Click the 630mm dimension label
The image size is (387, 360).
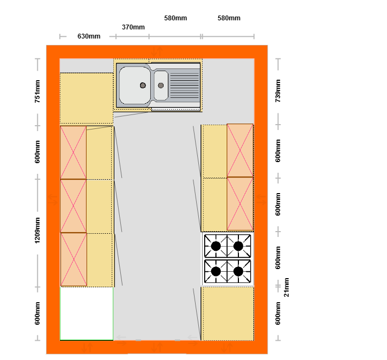89,36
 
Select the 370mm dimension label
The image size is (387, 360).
133,27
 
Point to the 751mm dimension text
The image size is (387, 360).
37,91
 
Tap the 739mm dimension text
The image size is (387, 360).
278,91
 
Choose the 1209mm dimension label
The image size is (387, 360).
37,231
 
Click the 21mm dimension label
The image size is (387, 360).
287,287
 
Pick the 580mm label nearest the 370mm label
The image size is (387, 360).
175,18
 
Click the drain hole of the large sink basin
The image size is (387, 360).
143,86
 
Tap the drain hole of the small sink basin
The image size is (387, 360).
161,86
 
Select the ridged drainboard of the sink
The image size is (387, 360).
184,85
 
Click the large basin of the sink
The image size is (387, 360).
135,85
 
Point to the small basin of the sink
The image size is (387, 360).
161,86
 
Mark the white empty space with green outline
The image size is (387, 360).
87,313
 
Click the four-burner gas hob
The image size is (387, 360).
228,259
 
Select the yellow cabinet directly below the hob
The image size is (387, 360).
228,313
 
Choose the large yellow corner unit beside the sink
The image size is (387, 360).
87,98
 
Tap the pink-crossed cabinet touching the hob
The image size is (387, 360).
240,204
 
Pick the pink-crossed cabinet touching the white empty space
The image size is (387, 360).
74,259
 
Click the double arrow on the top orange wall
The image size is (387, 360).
157,51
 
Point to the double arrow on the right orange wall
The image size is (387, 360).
261,200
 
